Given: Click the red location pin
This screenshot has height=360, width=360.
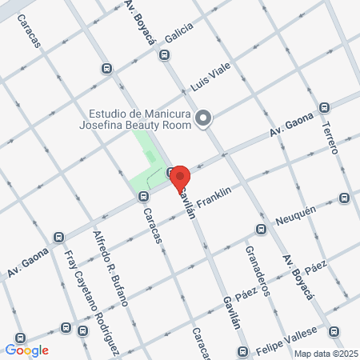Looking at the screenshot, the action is tap(180, 178).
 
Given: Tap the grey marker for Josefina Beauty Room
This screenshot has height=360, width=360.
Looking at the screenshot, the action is tap(203, 119).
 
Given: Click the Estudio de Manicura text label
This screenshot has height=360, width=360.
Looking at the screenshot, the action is tap(141, 113).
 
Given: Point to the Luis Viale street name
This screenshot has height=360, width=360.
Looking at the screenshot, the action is tap(210, 80).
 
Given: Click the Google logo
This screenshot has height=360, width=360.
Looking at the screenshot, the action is tap(26, 350).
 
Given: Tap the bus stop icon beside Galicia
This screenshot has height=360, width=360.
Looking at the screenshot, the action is tap(164, 55).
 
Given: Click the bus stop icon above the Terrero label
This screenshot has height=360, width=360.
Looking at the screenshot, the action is tap(323, 106).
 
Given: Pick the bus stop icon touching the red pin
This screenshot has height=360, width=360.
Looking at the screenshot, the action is tap(170, 173).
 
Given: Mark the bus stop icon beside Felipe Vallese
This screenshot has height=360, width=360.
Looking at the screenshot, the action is tap(338, 330).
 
